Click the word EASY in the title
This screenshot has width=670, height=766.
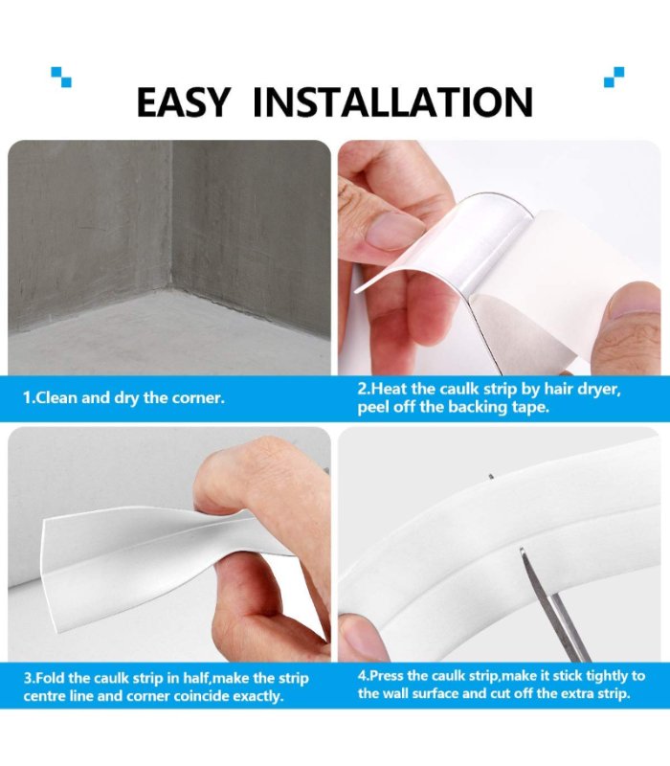(183, 102)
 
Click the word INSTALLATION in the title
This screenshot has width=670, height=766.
(392, 102)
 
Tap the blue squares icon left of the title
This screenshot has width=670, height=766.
(61, 77)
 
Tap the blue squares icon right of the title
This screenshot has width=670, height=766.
(614, 77)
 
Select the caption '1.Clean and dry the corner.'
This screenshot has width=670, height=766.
(124, 397)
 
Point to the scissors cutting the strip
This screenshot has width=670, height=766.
(555, 606)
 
